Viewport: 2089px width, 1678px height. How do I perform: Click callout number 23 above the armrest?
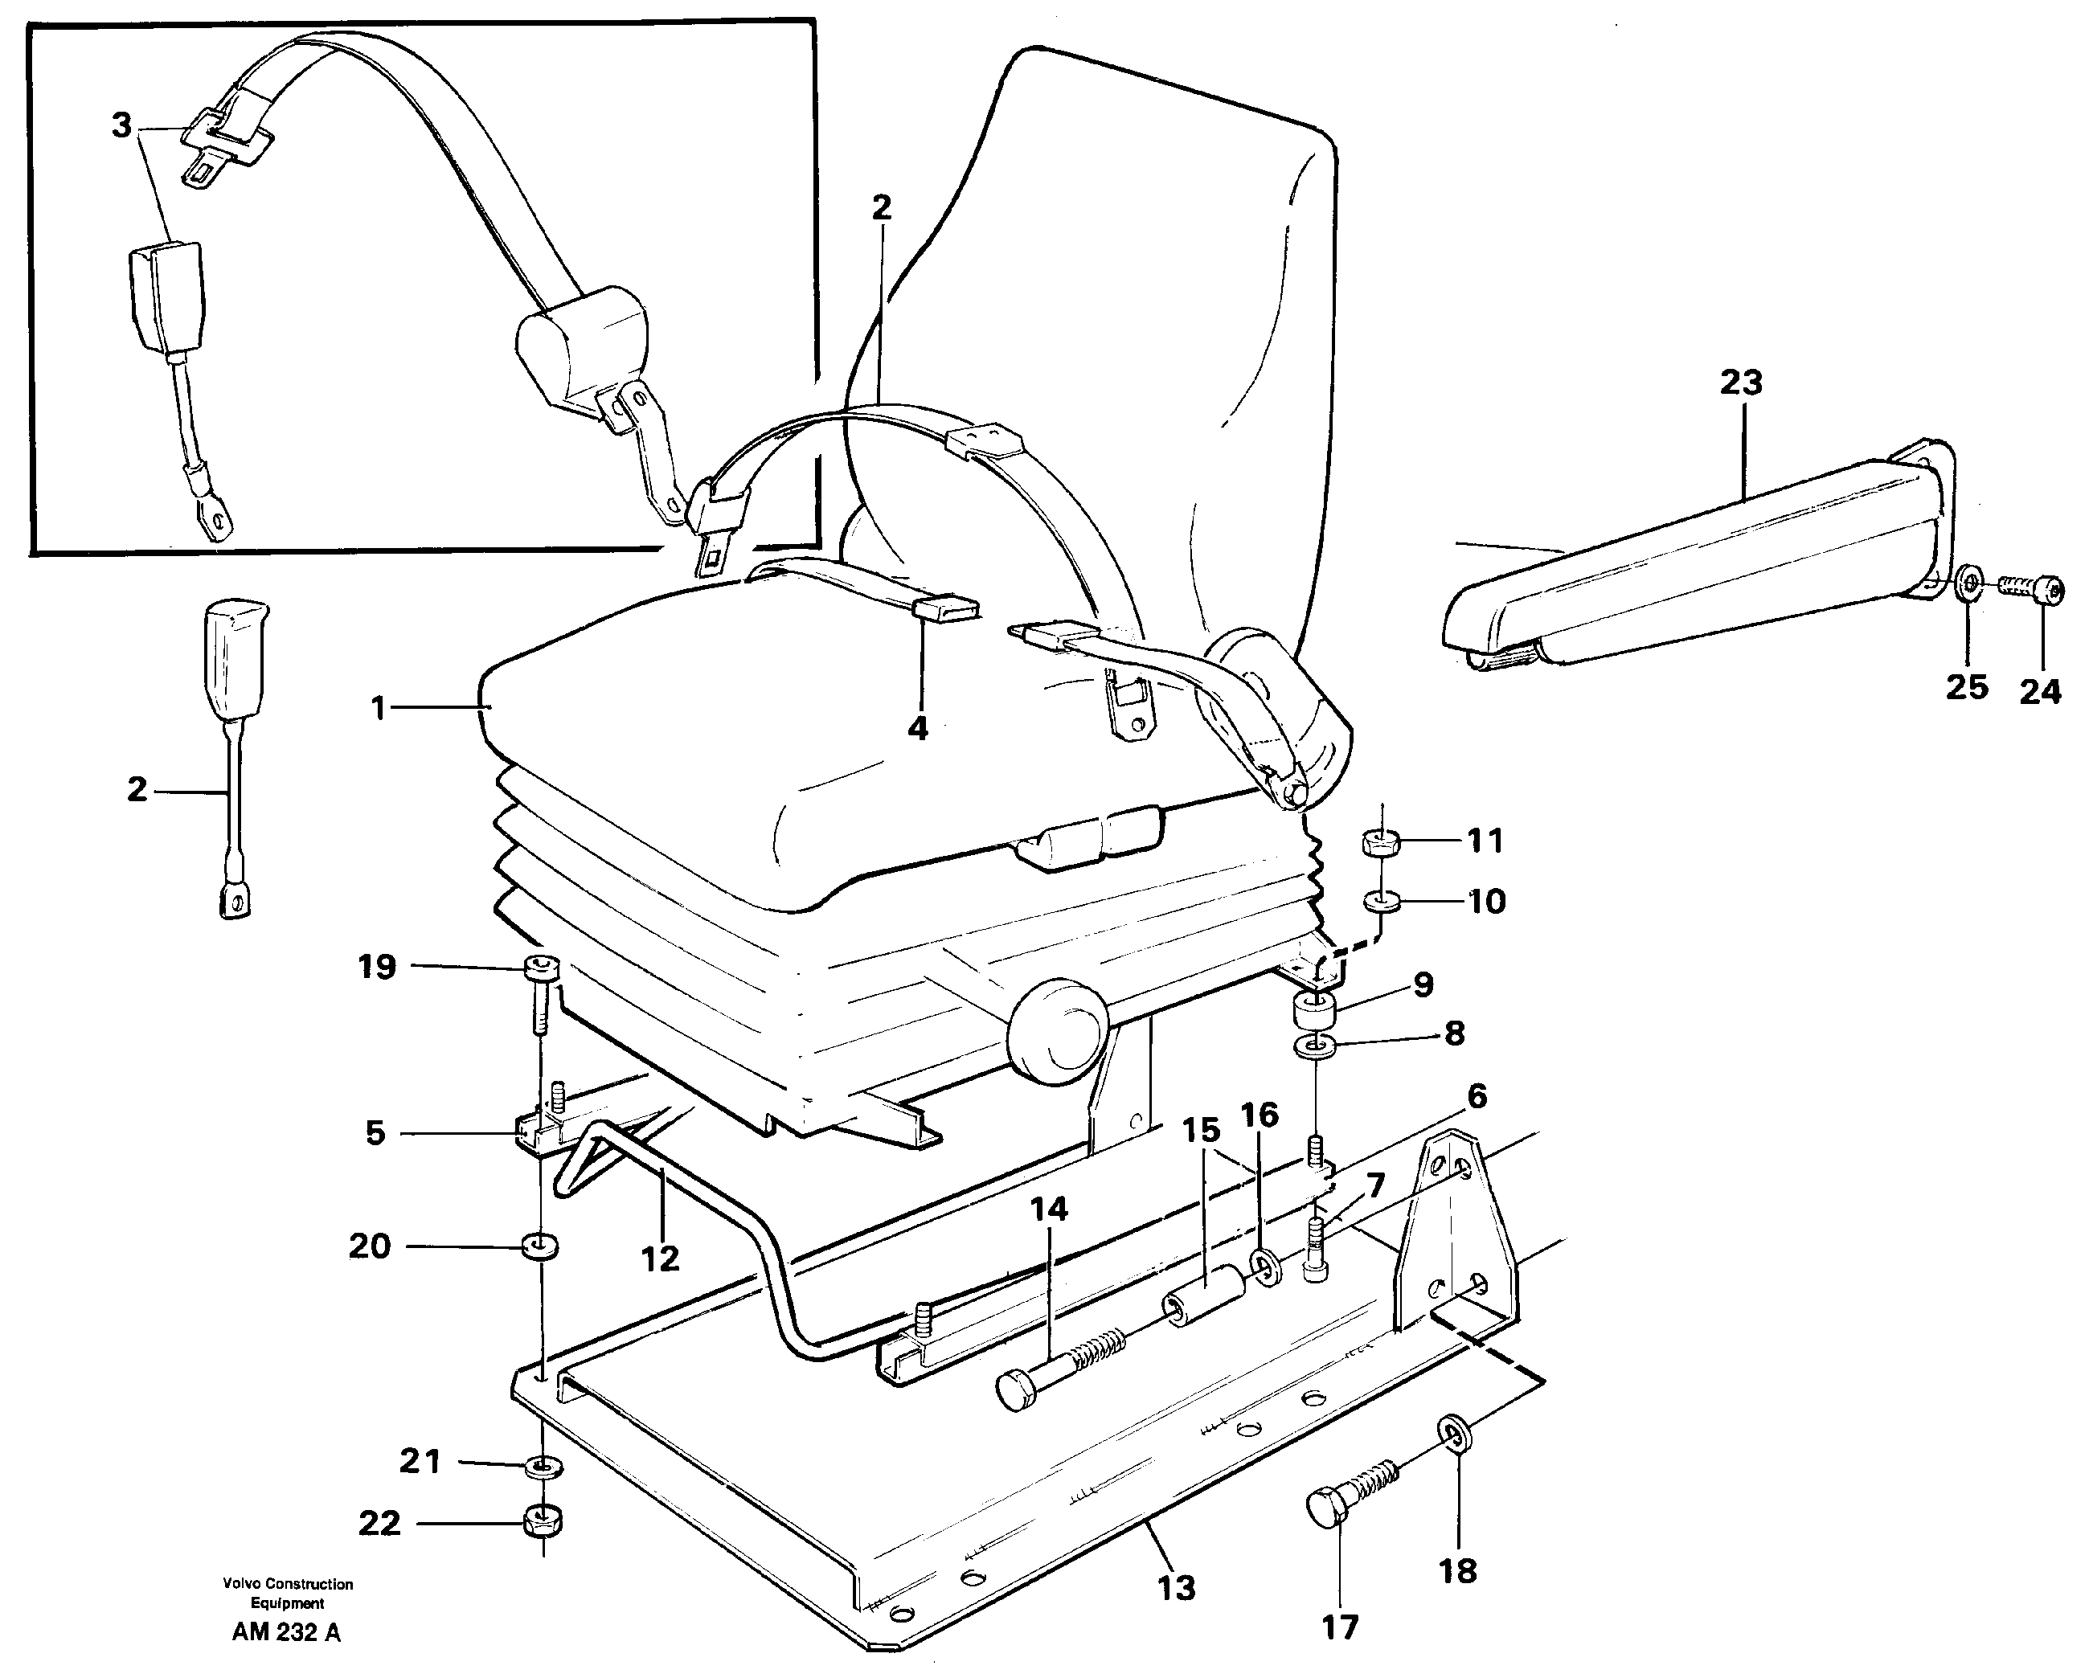[1741, 383]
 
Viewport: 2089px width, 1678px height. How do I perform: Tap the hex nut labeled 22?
[543, 1522]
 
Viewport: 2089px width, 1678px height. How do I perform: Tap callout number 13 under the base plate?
[1176, 1588]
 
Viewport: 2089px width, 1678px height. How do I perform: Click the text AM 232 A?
[287, 1632]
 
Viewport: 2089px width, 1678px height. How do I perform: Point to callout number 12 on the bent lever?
[661, 1258]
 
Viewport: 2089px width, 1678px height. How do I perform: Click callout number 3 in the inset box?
[121, 126]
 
